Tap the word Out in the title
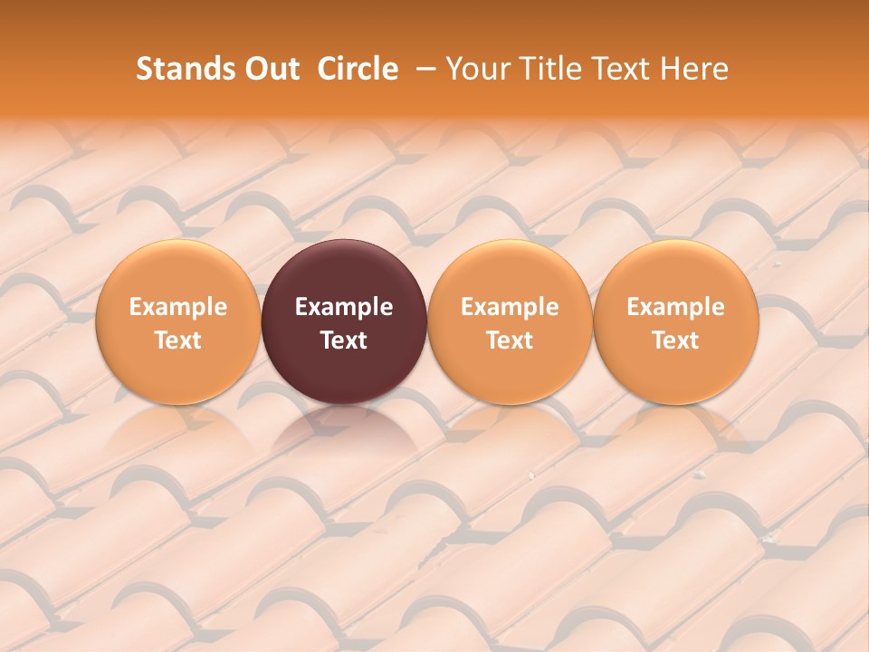point(271,69)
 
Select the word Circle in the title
point(358,69)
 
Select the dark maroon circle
point(344,272)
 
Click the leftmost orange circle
point(177,272)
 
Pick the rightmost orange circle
point(676,272)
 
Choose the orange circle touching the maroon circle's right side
point(510,272)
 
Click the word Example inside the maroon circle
point(344,307)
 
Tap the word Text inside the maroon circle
point(344,340)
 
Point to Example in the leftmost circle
point(177,307)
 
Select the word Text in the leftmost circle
point(177,340)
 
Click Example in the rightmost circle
point(676,307)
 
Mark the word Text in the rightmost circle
point(676,340)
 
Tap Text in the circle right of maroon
point(510,340)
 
